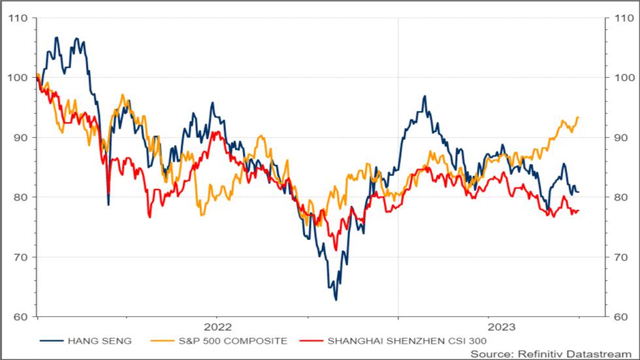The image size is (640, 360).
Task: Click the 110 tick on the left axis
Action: (18, 18)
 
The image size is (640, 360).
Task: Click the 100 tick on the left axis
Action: (18, 78)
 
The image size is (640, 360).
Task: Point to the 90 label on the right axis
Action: (621, 138)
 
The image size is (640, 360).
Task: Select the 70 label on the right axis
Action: (621, 257)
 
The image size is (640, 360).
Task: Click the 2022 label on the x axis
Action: (217, 327)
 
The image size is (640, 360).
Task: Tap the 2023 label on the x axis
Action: (502, 327)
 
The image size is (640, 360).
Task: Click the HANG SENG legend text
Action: (99, 341)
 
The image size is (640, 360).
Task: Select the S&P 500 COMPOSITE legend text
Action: (233, 341)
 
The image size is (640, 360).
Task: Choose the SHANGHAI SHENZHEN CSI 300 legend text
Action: (407, 341)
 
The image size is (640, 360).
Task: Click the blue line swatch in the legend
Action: (52, 341)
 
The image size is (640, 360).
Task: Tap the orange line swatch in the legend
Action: (163, 341)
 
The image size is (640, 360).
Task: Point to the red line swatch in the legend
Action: (312, 341)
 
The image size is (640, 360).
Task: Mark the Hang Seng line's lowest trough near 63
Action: (336, 300)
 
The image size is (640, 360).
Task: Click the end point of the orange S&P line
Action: (579, 118)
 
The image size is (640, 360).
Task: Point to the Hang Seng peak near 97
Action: (425, 96)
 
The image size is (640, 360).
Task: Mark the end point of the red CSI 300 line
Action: (579, 210)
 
